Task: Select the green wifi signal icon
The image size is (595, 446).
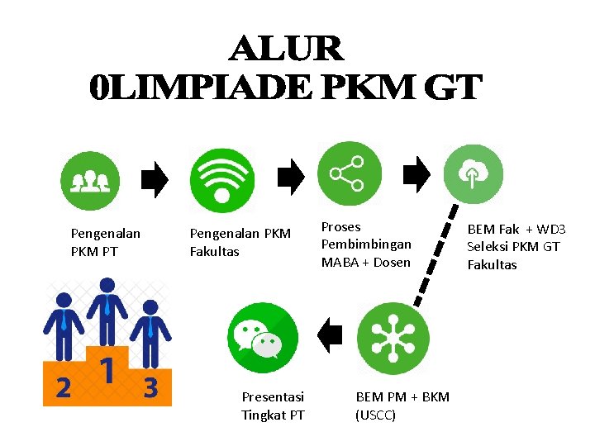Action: tap(221, 179)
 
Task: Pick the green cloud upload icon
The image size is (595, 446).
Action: tap(474, 174)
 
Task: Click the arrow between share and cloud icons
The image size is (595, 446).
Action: tap(416, 175)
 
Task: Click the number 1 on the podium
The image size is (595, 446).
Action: tap(106, 370)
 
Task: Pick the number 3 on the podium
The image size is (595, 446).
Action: tap(150, 387)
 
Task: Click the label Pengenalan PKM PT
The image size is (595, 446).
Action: tap(105, 242)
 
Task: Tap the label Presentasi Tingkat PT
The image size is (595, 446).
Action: tap(273, 406)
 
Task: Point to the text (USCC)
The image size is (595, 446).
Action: tap(376, 415)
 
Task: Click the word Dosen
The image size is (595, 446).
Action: tap(391, 263)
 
